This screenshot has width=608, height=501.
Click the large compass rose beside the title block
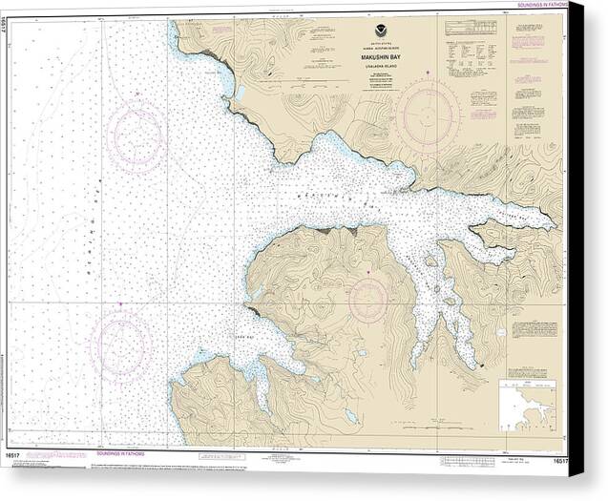tap(429, 115)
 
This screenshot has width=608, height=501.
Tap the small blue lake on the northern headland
tap(239, 93)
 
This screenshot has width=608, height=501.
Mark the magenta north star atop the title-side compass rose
tap(429, 73)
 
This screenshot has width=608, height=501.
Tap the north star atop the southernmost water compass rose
tap(120, 304)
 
